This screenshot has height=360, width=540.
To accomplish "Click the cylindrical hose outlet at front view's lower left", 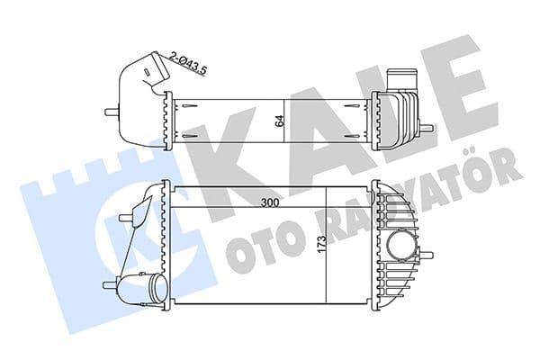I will click(x=151, y=288).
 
